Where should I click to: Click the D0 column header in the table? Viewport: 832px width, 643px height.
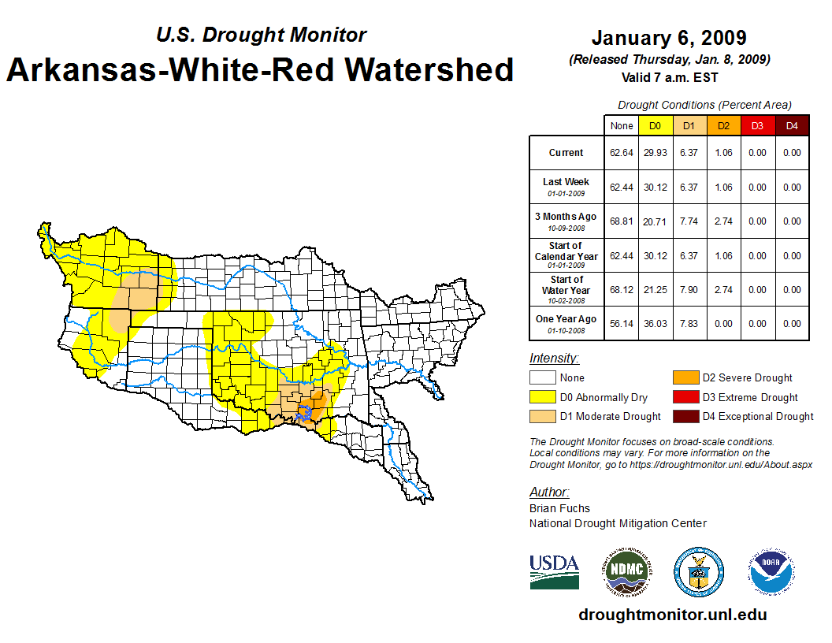[655, 125]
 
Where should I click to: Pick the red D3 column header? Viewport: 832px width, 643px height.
[757, 125]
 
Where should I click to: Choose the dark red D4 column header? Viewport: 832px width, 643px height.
[791, 125]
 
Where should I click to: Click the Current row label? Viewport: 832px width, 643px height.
[566, 153]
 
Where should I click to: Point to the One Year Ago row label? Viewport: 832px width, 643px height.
[566, 319]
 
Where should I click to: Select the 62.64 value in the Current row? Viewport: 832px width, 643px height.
[621, 153]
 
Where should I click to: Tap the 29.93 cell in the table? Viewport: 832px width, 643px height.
[655, 153]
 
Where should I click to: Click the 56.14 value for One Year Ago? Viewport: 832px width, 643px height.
[621, 324]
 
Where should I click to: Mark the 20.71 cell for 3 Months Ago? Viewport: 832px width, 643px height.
[655, 221]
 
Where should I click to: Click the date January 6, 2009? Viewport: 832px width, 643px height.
[668, 38]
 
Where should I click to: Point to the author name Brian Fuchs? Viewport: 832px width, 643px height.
[559, 508]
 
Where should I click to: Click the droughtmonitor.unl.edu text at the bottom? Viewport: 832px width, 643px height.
[672, 615]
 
